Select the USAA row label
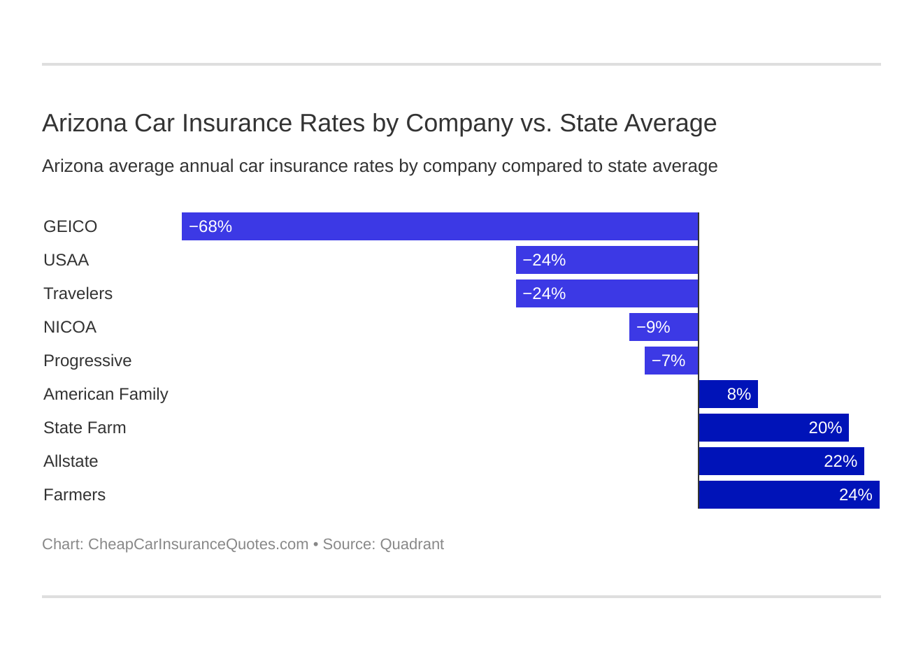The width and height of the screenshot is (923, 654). click(x=66, y=260)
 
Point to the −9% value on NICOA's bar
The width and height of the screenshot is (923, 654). click(x=653, y=327)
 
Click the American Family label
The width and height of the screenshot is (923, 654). click(x=106, y=394)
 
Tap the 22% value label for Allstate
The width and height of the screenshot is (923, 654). click(x=840, y=461)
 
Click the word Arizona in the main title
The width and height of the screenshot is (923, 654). click(x=85, y=123)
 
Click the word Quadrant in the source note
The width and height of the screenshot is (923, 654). click(x=412, y=544)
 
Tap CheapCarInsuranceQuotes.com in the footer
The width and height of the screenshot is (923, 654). click(x=198, y=544)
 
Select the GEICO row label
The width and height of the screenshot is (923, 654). click(x=70, y=226)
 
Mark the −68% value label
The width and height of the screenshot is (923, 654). click(x=210, y=226)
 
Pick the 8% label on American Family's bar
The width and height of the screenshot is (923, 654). click(x=738, y=394)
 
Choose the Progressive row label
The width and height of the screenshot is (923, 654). click(x=87, y=361)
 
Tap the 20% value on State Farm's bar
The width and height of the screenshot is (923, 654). click(x=825, y=428)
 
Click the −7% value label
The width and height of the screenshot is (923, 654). click(x=668, y=361)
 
